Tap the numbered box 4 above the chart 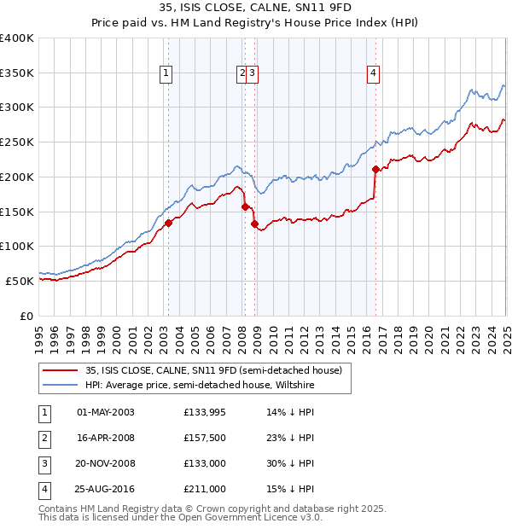(x=373, y=73)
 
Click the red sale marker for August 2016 (x=375, y=169)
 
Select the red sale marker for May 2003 (x=168, y=223)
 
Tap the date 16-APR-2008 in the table (x=106, y=438)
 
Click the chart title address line (x=255, y=8)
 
